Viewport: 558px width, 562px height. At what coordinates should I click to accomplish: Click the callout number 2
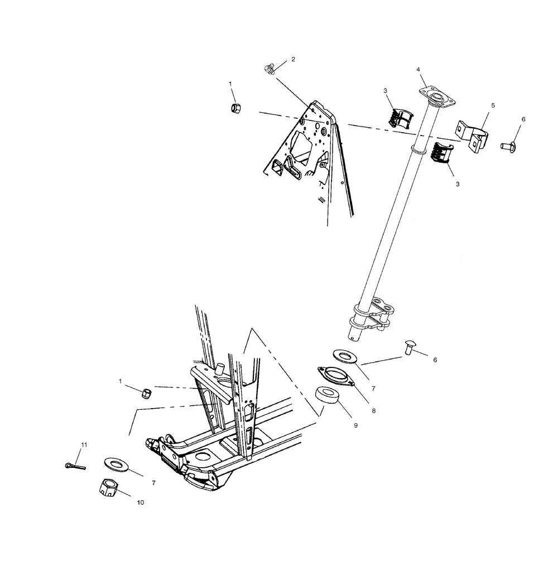pos(293,59)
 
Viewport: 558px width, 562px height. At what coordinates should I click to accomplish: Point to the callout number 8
pos(374,410)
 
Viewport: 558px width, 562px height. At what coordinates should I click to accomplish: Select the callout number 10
pos(140,502)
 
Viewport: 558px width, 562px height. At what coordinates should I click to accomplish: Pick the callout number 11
pos(84,445)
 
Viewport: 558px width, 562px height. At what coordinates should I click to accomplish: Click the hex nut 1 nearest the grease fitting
pos(236,107)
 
